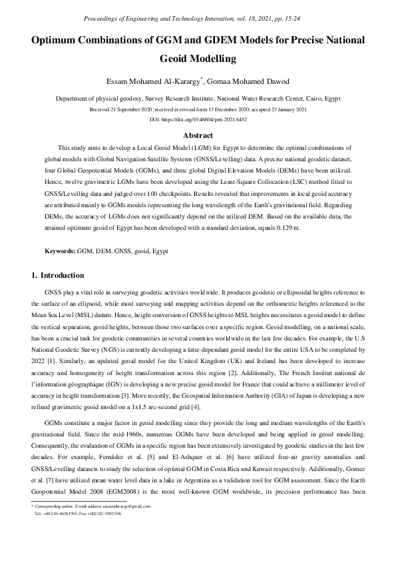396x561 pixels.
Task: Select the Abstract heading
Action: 198,135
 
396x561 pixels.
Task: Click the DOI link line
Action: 198,119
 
